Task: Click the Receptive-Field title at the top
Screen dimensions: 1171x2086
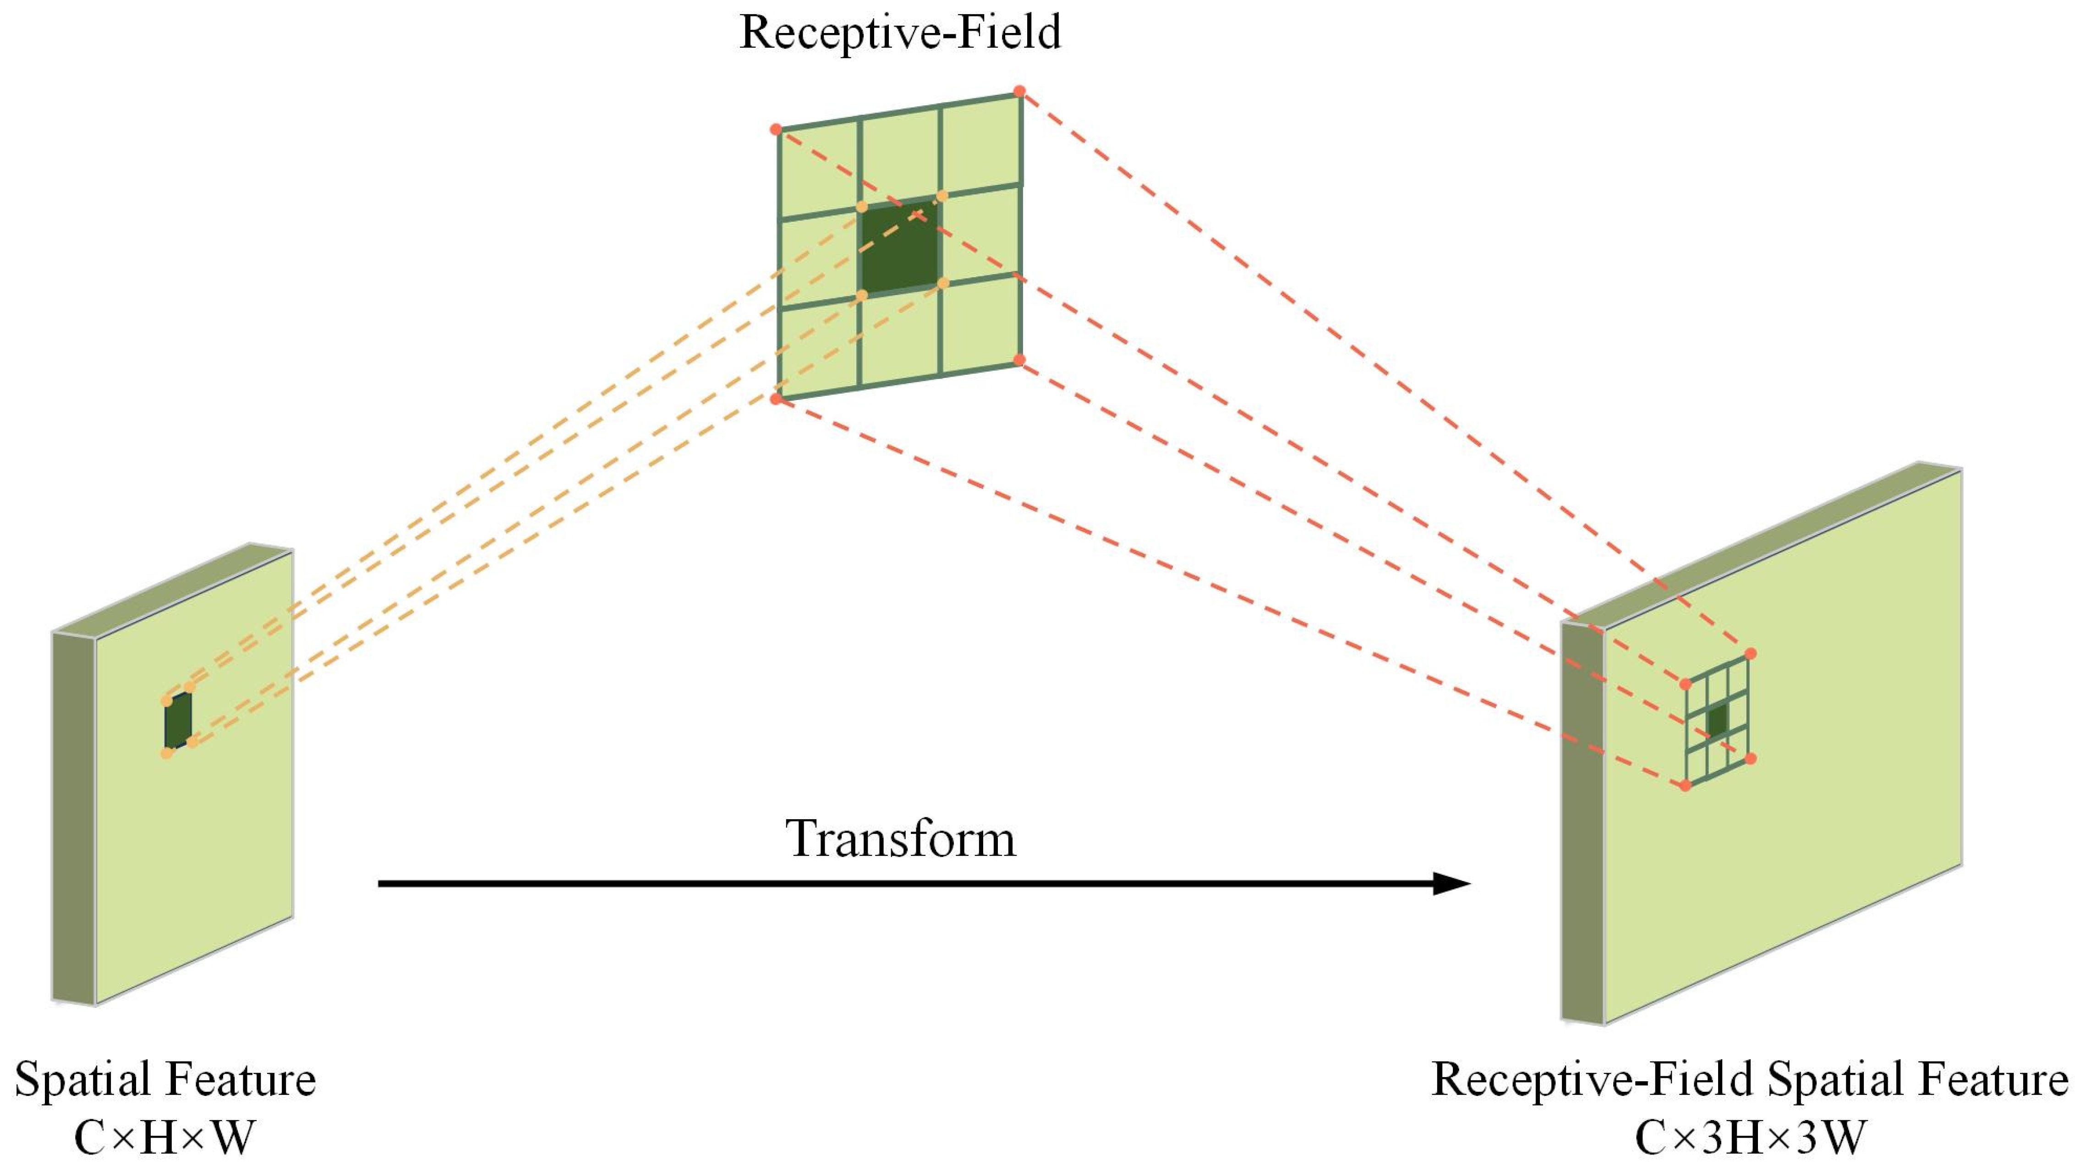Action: coord(900,33)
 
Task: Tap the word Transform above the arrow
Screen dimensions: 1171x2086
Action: coord(900,838)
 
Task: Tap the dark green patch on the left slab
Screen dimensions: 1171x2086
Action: coord(178,720)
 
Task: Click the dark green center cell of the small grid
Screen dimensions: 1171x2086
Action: coord(1717,720)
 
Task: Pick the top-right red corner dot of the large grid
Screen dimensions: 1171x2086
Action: coord(1019,92)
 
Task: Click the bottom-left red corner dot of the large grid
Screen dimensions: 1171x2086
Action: coord(776,399)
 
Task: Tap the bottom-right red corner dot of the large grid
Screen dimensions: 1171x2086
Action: coord(1019,360)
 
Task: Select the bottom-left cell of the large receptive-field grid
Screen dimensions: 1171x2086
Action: coord(818,348)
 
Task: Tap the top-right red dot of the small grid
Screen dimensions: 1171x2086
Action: coord(1750,653)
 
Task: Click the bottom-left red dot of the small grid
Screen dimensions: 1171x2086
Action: coord(1685,785)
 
